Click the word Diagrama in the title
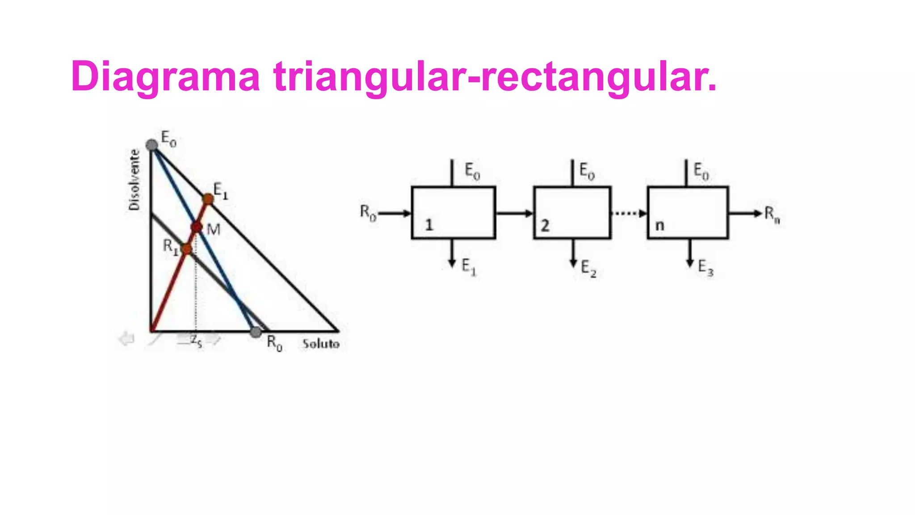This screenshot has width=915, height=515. point(165,77)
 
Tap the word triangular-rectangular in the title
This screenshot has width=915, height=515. point(495,77)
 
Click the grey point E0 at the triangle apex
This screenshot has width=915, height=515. point(152,145)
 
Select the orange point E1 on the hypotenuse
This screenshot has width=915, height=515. point(208,199)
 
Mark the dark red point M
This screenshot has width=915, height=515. point(197,228)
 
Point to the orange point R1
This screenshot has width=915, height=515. point(187,249)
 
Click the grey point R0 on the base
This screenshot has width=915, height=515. point(256,332)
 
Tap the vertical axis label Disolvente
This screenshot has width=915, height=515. point(134,180)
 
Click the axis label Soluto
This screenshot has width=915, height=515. point(321,344)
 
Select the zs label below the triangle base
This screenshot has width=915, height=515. point(197,341)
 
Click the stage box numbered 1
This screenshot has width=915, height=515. point(453,213)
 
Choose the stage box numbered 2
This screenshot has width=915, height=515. point(572,213)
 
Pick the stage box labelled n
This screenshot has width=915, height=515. point(688,213)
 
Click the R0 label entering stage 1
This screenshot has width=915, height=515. point(368,213)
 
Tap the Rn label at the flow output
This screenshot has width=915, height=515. point(772,214)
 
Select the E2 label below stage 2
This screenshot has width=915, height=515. point(588,269)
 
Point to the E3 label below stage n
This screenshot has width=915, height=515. point(705,268)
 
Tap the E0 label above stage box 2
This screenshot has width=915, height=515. point(587,171)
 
